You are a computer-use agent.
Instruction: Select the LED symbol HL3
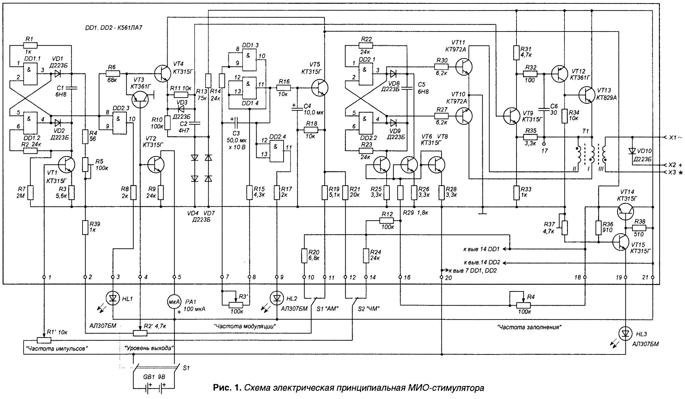click(x=625, y=333)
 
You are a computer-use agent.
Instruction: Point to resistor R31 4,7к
click(x=516, y=53)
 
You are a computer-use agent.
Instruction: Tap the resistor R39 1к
click(x=85, y=227)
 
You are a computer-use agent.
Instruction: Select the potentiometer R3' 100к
click(x=235, y=304)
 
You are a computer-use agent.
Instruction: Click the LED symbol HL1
click(x=113, y=298)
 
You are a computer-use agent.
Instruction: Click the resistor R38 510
click(x=639, y=228)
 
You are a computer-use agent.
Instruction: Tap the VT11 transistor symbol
click(x=464, y=67)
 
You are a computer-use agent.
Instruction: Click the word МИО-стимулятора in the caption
click(x=446, y=388)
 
